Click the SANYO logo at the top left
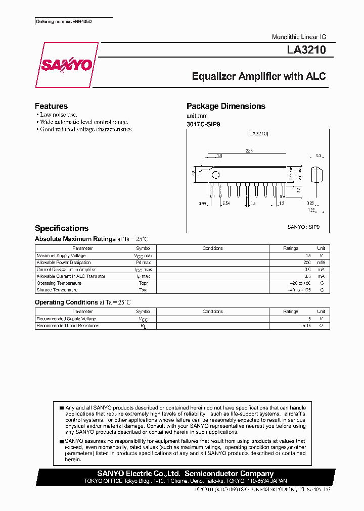point(66,65)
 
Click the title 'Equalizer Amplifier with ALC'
point(258,77)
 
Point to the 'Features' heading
point(51,106)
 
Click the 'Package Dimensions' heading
point(225,106)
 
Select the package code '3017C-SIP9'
point(203,124)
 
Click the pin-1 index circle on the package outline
point(215,176)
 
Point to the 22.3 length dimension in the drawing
point(249,151)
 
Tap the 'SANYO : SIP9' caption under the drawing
point(303,227)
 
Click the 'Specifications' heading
point(61,228)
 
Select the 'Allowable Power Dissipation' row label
point(64,263)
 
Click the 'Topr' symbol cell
point(143,283)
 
